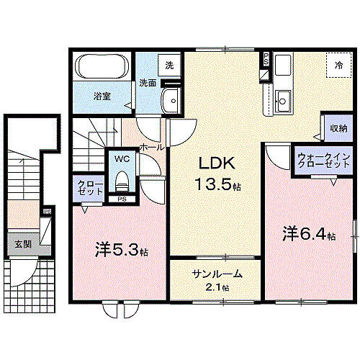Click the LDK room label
[x=217, y=163]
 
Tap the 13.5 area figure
[x=214, y=184]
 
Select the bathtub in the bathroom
[x=102, y=66]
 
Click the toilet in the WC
[x=122, y=181]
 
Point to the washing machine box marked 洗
[x=169, y=65]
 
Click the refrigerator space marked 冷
[x=339, y=65]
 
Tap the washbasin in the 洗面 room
[x=171, y=101]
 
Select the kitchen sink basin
[x=283, y=101]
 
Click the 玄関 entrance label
[x=23, y=244]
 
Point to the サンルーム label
[x=217, y=274]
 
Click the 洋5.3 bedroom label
[x=121, y=250]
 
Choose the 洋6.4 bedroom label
[x=309, y=234]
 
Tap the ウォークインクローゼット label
[x=323, y=161]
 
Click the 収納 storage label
[x=338, y=128]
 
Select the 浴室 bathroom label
[x=102, y=96]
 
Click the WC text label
[x=122, y=158]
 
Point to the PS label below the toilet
[x=122, y=199]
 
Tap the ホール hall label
[x=152, y=147]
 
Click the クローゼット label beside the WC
[x=90, y=188]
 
